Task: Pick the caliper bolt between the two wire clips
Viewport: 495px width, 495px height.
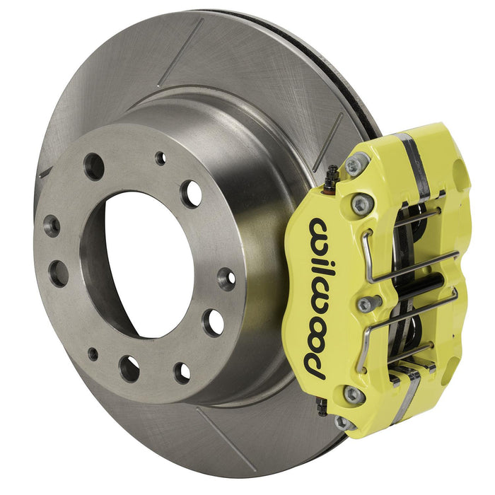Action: [x=365, y=304]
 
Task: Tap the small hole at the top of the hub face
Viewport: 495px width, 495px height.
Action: [x=161, y=158]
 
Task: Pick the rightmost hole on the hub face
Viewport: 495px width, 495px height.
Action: [x=226, y=278]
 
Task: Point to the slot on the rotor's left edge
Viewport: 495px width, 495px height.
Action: [x=46, y=172]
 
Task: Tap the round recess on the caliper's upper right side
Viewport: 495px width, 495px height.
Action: [x=458, y=173]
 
